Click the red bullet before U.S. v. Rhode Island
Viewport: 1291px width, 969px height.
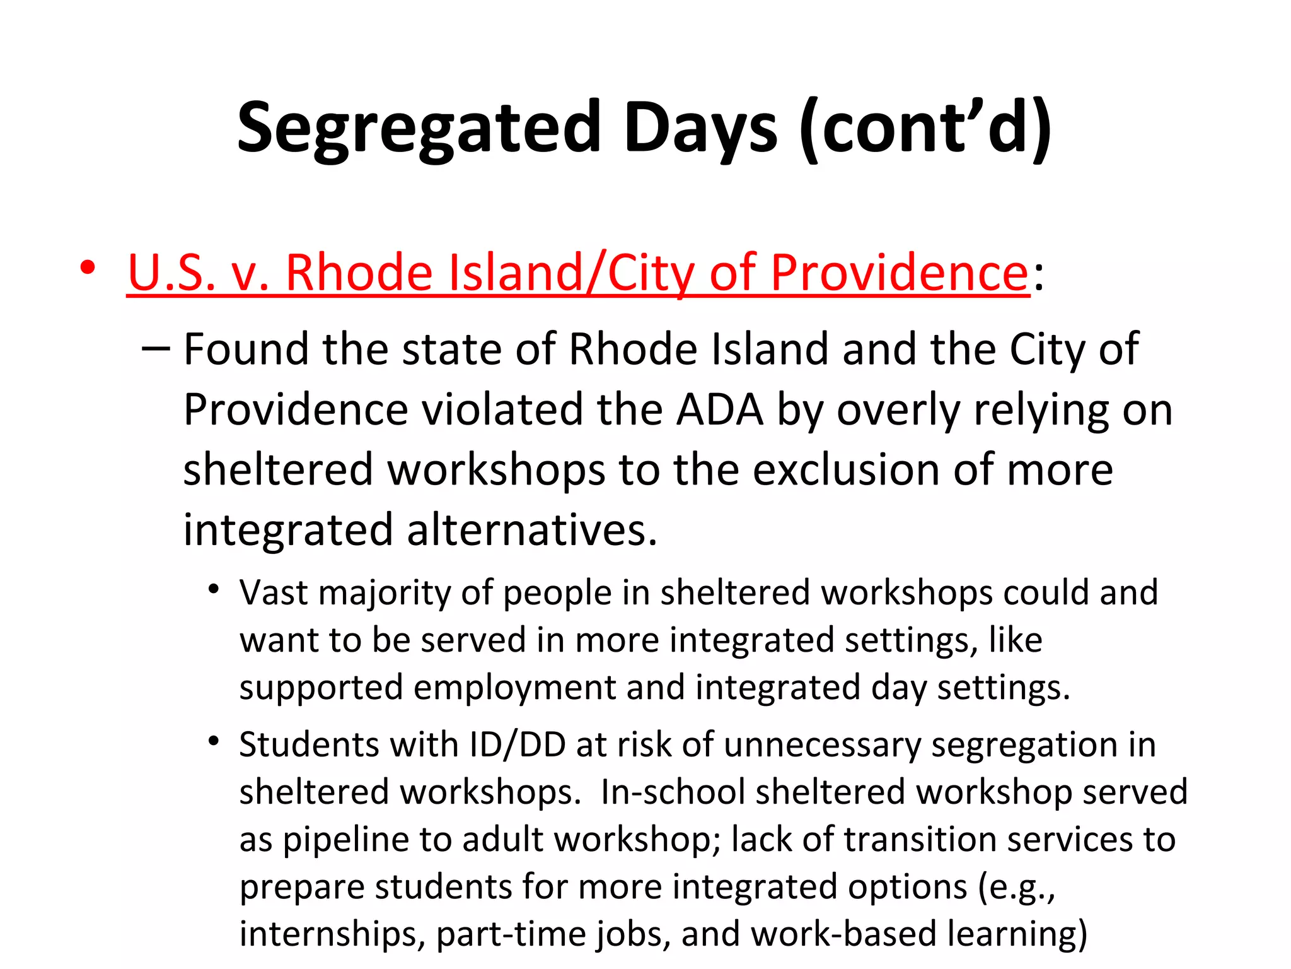pos(88,268)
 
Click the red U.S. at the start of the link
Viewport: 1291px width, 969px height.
pos(171,273)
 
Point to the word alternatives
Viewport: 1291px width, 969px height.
pos(532,530)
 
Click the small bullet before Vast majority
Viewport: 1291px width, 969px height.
pos(214,590)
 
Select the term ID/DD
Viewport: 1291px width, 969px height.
pos(518,745)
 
